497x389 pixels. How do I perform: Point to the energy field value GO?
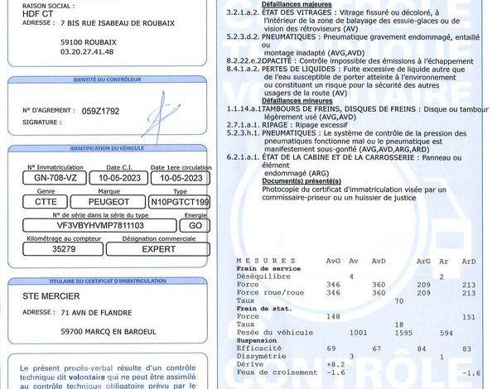195,224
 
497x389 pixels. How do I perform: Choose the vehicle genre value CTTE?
46,201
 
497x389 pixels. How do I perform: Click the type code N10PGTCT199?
180,201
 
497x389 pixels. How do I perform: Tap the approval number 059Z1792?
101,110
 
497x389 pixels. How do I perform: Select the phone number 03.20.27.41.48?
87,51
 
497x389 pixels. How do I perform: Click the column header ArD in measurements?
469,261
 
